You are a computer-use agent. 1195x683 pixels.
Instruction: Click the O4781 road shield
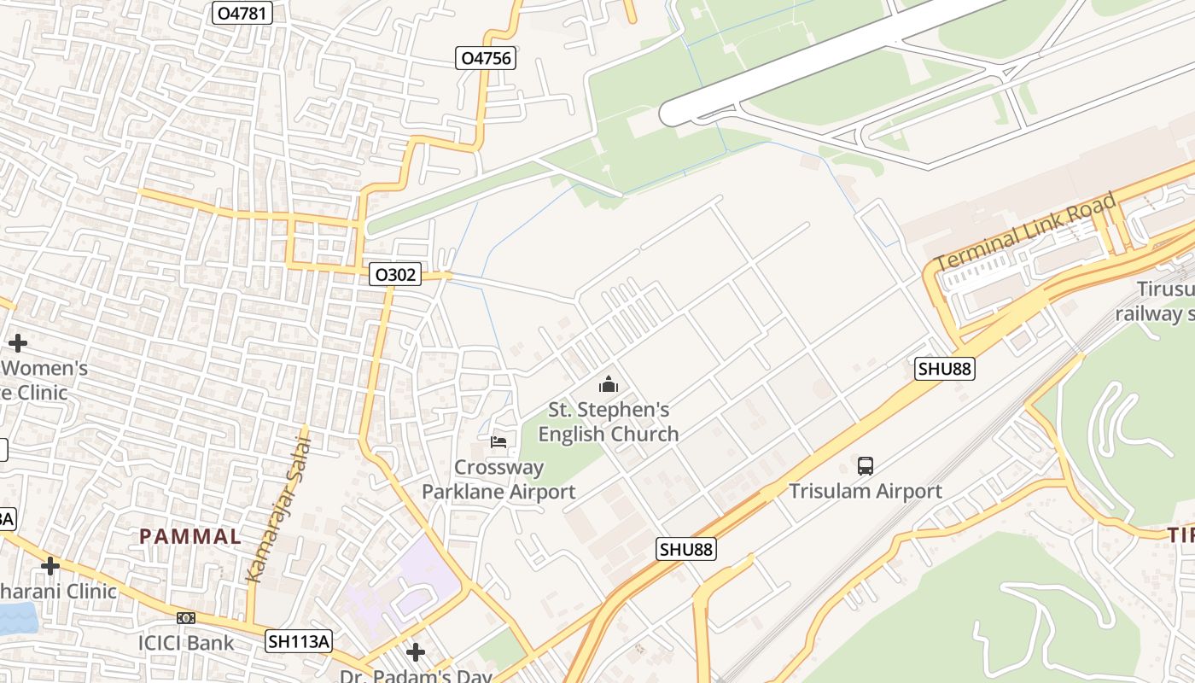click(x=242, y=13)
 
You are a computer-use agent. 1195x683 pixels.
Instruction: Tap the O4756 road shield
click(x=485, y=58)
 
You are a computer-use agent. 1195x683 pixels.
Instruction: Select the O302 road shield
click(x=395, y=274)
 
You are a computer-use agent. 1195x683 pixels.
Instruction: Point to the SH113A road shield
click(x=298, y=641)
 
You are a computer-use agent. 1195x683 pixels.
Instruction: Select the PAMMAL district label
click(x=190, y=537)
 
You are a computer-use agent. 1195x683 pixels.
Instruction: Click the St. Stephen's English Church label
click(x=608, y=422)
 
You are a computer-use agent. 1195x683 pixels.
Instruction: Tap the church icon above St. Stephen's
click(x=608, y=384)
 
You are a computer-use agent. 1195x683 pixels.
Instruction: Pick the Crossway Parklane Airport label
click(x=498, y=480)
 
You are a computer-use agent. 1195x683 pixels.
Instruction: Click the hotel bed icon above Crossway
click(x=498, y=441)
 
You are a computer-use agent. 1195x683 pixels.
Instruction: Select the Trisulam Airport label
click(x=865, y=491)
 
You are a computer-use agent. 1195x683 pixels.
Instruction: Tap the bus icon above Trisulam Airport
click(x=865, y=466)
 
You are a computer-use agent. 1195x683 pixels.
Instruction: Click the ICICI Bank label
click(x=185, y=643)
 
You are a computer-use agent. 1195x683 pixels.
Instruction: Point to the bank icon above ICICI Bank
click(x=185, y=617)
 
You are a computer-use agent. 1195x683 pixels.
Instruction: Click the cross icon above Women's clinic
click(x=17, y=343)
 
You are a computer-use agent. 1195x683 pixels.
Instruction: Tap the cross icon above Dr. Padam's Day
click(x=415, y=652)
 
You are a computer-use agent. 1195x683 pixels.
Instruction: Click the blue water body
click(x=17, y=618)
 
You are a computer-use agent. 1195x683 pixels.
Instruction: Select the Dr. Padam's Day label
click(x=416, y=675)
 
